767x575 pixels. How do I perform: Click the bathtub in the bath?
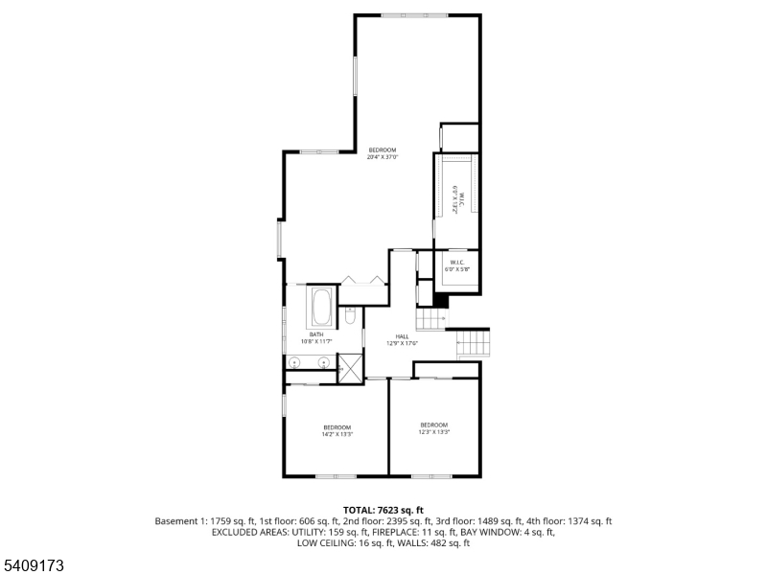[x=320, y=309]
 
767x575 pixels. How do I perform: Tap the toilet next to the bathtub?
[x=351, y=313]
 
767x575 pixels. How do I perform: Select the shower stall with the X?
[x=351, y=366]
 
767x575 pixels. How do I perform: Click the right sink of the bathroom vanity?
[x=324, y=363]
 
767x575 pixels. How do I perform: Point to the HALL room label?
[x=402, y=336]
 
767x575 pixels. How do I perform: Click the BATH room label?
[x=315, y=334]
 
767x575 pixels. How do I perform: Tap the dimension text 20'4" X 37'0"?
[x=382, y=157]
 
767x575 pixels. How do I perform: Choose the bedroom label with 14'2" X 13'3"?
[x=337, y=430]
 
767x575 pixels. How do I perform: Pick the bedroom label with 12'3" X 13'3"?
[x=433, y=428]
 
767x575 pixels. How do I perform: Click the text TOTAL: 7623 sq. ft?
[x=383, y=510]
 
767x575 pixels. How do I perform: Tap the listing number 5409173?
[x=35, y=566]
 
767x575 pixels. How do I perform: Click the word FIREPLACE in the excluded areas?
[x=383, y=532]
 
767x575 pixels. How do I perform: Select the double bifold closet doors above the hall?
[x=363, y=280]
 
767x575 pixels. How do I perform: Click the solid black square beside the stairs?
[x=440, y=301]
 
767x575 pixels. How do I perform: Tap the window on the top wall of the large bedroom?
[x=413, y=15]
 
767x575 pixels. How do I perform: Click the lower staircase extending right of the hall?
[x=474, y=343]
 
